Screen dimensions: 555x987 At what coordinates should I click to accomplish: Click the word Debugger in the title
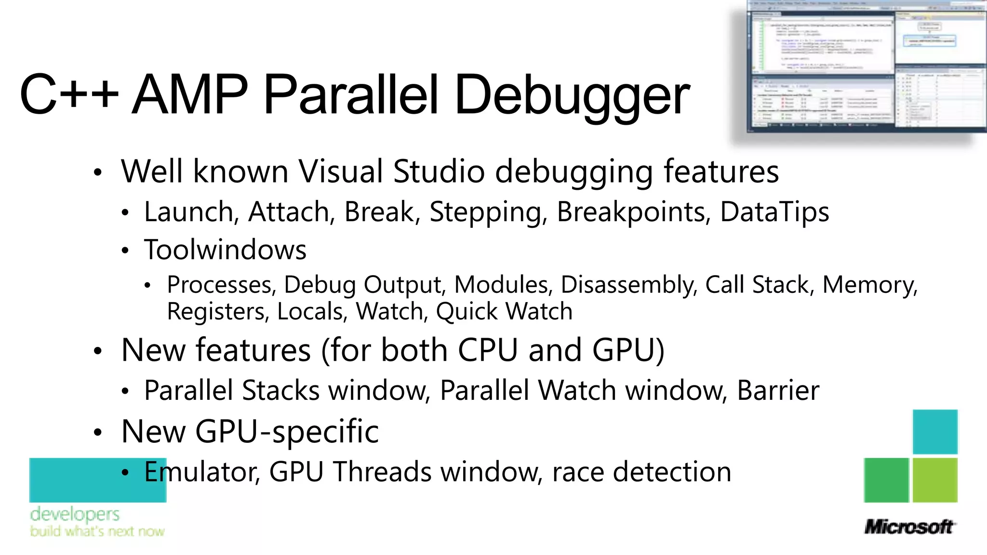(x=572, y=95)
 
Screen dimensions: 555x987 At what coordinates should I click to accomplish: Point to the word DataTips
(x=774, y=212)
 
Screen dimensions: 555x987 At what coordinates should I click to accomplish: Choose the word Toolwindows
(x=225, y=250)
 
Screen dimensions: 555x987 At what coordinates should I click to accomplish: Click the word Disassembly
(x=629, y=285)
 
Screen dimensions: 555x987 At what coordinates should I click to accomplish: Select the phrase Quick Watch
(x=504, y=311)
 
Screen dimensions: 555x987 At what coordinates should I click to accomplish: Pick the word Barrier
(x=778, y=390)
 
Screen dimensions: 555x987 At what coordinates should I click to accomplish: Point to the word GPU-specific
(x=287, y=431)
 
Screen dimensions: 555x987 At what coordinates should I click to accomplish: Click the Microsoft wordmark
(x=909, y=527)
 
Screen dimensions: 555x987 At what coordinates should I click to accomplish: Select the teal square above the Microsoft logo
(x=935, y=432)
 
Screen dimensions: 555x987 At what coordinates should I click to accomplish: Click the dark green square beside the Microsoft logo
(x=886, y=480)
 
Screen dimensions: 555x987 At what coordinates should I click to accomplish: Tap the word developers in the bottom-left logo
(x=75, y=514)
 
